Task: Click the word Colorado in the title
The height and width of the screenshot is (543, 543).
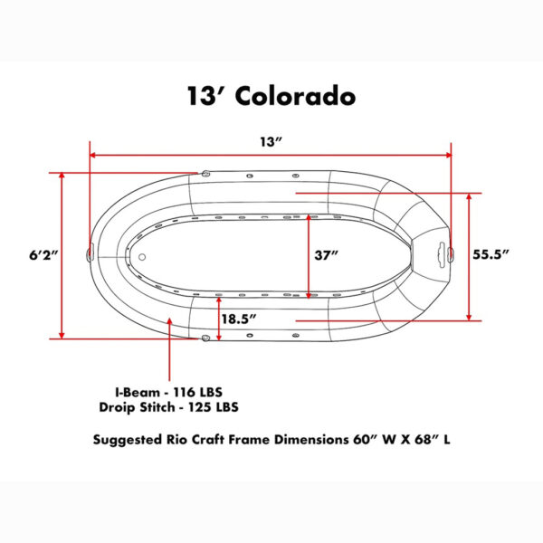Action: (x=295, y=96)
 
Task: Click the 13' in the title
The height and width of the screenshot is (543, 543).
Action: (x=206, y=96)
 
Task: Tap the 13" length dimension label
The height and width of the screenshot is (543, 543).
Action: (x=271, y=142)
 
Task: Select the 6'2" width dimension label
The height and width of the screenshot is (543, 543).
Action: (x=43, y=255)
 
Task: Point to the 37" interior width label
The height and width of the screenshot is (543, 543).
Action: (x=326, y=255)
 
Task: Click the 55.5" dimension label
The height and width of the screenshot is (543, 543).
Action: (x=491, y=254)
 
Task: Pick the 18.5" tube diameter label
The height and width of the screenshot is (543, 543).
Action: (x=239, y=319)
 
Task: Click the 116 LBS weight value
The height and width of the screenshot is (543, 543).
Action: (x=197, y=393)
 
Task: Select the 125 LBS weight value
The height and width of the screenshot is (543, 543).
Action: (x=214, y=407)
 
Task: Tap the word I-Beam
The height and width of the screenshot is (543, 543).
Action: (x=138, y=393)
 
